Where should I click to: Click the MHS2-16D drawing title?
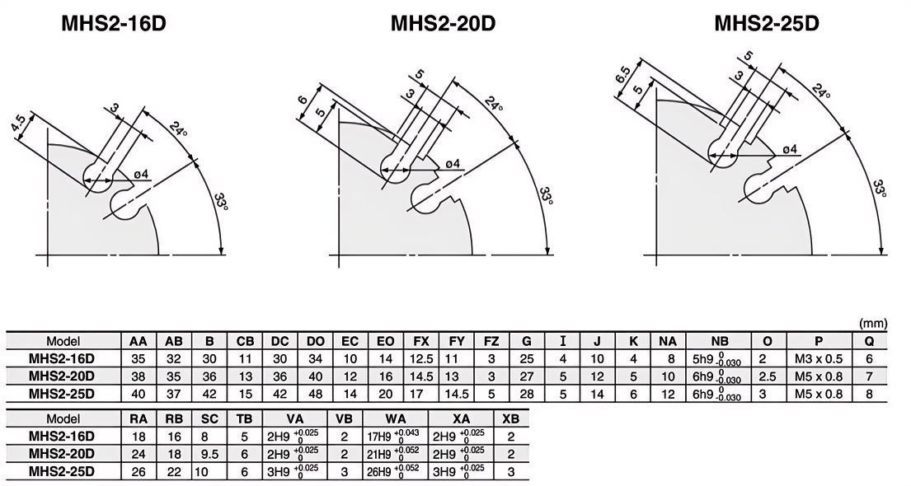[x=114, y=24]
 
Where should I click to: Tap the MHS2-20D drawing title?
[x=443, y=24]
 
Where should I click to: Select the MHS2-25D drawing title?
[x=767, y=24]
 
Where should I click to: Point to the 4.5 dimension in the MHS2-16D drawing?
[x=18, y=126]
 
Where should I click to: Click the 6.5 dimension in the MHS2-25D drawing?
[x=622, y=76]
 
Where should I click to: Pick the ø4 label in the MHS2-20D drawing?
[x=453, y=164]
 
